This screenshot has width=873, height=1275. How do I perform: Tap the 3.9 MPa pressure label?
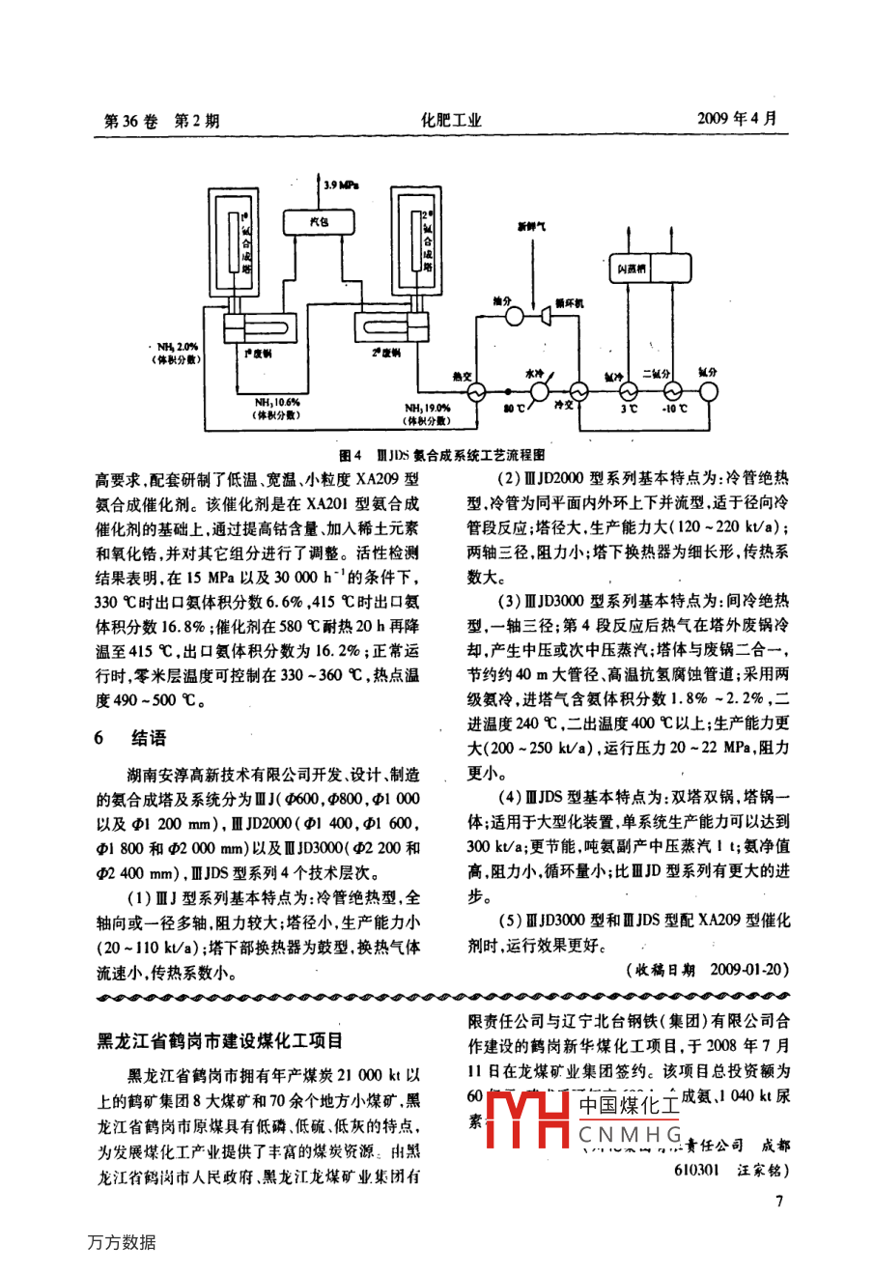coord(340,184)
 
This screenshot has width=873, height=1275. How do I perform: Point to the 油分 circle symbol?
coord(501,318)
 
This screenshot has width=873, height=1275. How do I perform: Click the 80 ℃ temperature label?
coord(513,410)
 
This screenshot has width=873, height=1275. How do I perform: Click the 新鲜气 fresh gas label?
coord(530,227)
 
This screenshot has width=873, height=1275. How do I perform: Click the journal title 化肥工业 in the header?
coord(450,121)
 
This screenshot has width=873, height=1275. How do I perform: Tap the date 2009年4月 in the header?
coord(736,119)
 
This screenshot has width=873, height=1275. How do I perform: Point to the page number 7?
coord(780,1201)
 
